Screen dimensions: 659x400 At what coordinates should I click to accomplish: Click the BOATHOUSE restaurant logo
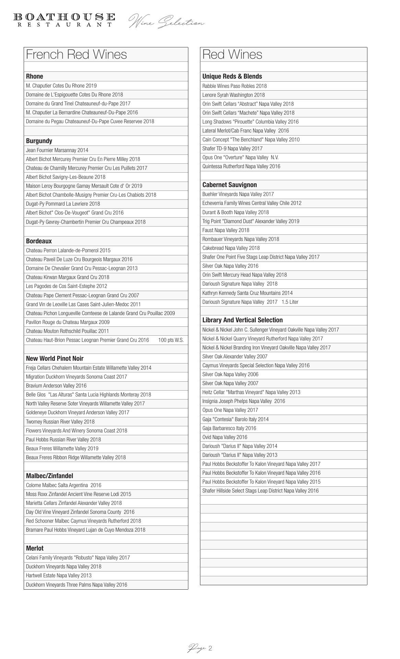(64, 20)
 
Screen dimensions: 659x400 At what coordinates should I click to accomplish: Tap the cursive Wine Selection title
(166, 22)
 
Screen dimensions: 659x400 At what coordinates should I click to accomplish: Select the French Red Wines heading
(77, 55)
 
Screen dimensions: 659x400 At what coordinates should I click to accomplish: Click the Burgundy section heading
(39, 141)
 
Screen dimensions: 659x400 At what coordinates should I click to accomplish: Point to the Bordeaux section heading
(39, 241)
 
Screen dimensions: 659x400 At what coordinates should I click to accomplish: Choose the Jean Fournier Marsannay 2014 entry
(57, 150)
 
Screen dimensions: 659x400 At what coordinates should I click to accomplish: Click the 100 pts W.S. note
(171, 340)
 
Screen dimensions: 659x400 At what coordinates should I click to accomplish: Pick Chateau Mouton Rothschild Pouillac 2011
(67, 331)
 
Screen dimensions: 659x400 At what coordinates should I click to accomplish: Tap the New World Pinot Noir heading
(55, 358)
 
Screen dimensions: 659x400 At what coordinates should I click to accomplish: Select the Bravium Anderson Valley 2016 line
(56, 385)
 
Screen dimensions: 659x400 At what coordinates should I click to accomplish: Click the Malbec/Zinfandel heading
(49, 476)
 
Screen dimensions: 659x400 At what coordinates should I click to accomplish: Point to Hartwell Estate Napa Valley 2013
(59, 575)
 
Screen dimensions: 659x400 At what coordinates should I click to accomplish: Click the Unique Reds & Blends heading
(232, 76)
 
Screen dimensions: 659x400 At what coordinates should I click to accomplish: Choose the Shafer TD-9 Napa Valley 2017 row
(232, 148)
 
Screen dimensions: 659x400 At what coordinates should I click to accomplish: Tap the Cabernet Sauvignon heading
(230, 185)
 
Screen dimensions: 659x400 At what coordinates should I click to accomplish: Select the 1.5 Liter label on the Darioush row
(290, 302)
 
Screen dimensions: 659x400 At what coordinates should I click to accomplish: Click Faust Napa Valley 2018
(226, 230)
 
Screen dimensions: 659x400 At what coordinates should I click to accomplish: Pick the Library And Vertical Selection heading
(243, 320)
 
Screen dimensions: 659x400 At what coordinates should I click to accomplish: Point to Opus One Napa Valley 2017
(230, 410)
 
